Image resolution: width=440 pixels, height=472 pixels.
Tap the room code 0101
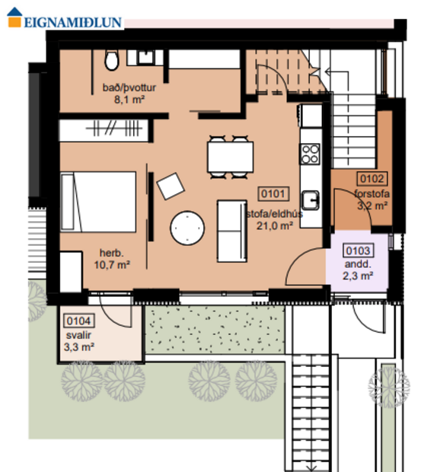(x=273, y=193)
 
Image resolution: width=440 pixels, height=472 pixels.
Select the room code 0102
(x=373, y=180)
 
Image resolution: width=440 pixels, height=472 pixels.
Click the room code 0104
(x=79, y=321)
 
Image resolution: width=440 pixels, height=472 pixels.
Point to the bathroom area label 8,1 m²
(x=124, y=98)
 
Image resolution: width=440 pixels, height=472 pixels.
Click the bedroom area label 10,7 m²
(x=112, y=265)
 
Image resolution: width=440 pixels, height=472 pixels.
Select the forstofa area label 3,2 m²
(x=373, y=204)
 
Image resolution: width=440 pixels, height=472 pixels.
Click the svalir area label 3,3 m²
(x=78, y=346)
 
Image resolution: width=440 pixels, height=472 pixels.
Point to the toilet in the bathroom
(x=112, y=59)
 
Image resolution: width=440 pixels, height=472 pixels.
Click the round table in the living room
(x=187, y=228)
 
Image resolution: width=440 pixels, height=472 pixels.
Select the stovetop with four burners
(x=310, y=155)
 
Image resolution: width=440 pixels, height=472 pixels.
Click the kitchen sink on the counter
(x=310, y=199)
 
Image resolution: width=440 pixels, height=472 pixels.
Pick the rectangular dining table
(x=230, y=158)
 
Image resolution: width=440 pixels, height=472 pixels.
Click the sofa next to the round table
(x=232, y=228)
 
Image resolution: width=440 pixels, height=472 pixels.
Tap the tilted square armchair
(x=170, y=185)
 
